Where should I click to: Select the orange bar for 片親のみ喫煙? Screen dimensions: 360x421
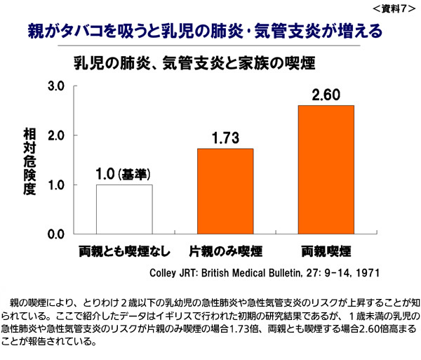pos(225,191)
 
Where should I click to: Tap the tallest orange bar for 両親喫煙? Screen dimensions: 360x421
pos(326,169)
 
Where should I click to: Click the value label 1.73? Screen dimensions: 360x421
pos(225,138)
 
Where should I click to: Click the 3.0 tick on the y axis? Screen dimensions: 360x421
pos(57,86)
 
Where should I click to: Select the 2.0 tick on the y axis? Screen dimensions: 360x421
pos(57,135)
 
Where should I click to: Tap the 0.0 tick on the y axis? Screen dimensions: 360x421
pos(57,234)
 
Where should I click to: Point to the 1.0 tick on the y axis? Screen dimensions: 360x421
pos(57,185)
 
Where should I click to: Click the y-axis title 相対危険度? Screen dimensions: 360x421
pos(29,160)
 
